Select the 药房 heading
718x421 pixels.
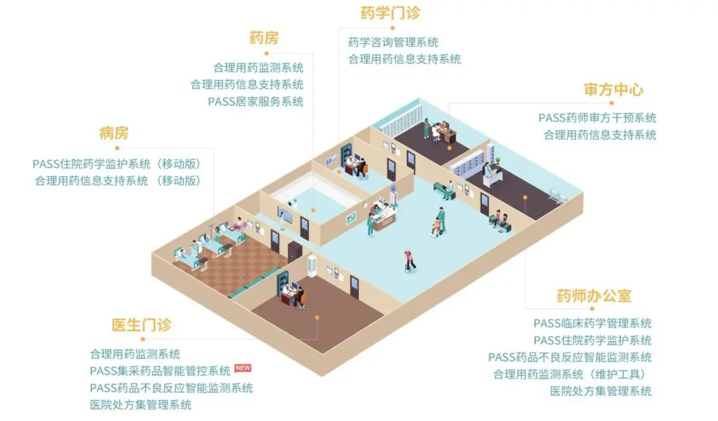click(x=264, y=38)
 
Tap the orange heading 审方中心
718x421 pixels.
click(x=613, y=90)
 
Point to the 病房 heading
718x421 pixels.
click(x=114, y=133)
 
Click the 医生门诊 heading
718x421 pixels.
click(x=141, y=325)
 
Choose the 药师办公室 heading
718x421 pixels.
click(x=594, y=295)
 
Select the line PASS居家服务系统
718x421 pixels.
click(x=255, y=102)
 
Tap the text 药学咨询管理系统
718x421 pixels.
click(x=393, y=42)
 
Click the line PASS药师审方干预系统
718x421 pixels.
click(x=597, y=118)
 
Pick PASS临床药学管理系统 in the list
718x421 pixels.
click(x=592, y=323)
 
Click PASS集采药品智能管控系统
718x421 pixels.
click(x=160, y=371)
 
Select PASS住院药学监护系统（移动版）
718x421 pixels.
click(x=116, y=163)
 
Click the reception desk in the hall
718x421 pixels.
click(x=384, y=218)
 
